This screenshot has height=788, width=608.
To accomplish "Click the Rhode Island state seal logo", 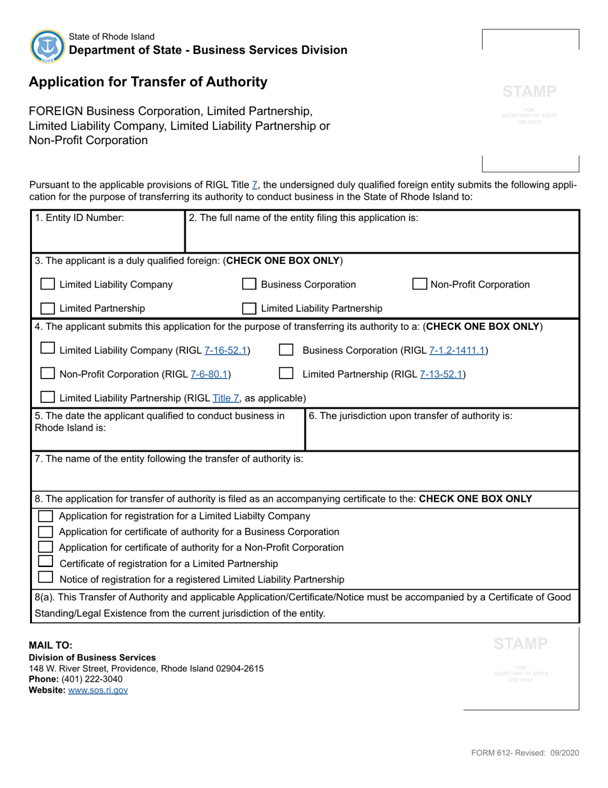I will tap(47, 46).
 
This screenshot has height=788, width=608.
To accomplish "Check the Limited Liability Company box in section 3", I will tap(47, 284).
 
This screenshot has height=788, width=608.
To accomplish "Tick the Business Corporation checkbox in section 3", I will tap(250, 284).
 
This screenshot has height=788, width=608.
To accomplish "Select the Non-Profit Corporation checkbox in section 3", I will tap(420, 284).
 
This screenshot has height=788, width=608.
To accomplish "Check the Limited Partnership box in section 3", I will tap(47, 308).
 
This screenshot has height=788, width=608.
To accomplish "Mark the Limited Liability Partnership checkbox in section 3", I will tap(250, 308).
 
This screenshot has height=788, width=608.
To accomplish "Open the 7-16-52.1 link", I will tap(227, 350).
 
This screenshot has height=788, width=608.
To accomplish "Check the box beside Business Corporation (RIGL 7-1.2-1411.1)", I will tap(286, 350).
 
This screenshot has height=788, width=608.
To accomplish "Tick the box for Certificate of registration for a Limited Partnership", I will tap(45, 562).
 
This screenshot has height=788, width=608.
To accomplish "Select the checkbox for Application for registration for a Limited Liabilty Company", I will tap(45, 516).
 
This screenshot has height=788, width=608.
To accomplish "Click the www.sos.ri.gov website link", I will tap(98, 690).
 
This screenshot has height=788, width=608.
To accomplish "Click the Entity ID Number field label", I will tap(79, 218).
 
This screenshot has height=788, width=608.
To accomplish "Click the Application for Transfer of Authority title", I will tap(148, 82).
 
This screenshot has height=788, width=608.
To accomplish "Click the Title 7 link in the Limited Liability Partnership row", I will tap(227, 398).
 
